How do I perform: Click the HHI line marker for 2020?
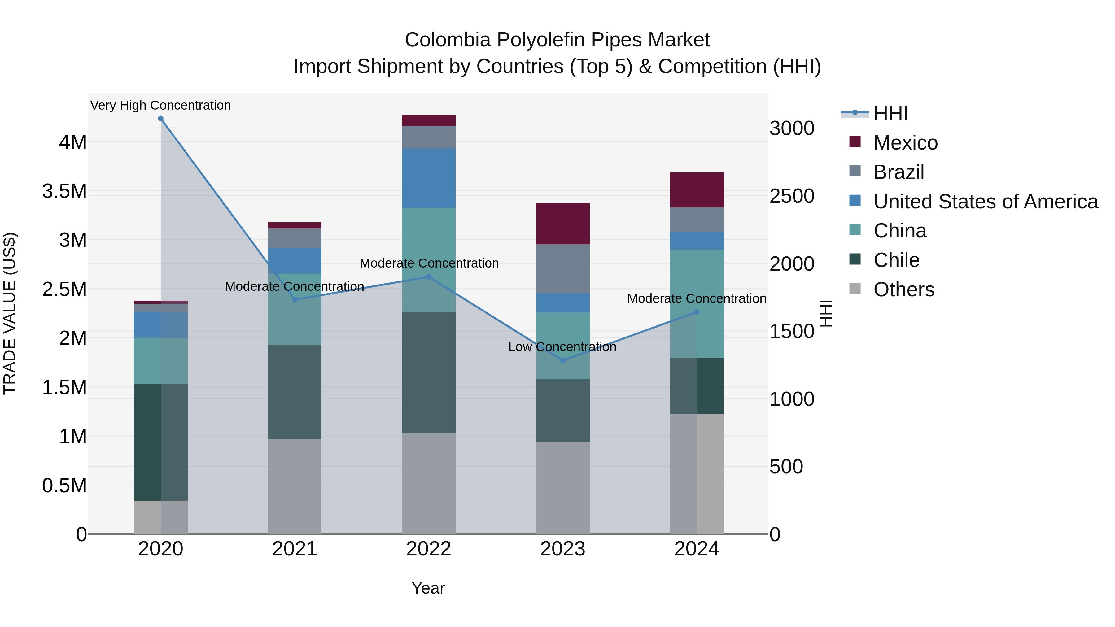click(160, 119)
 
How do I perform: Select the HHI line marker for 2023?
click(563, 360)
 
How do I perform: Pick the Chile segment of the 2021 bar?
click(294, 392)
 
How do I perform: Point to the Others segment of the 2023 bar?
click(563, 487)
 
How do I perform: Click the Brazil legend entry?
click(899, 172)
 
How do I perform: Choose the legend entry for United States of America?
click(985, 202)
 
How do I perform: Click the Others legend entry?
click(903, 290)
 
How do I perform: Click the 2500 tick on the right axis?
click(792, 196)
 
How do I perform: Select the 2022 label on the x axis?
click(429, 549)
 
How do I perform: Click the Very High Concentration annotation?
click(160, 105)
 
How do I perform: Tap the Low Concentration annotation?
click(562, 346)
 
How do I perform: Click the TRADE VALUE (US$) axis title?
click(10, 313)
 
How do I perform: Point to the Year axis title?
click(428, 588)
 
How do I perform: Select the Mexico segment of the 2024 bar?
click(697, 190)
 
